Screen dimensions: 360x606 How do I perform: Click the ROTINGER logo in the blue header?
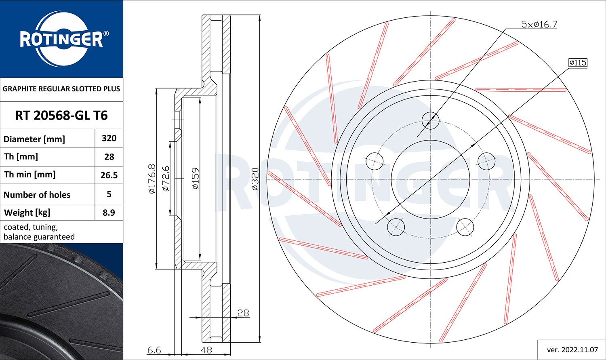(x=61, y=40)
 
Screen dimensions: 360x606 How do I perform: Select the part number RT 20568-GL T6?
(x=61, y=116)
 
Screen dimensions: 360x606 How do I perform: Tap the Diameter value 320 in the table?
(x=109, y=138)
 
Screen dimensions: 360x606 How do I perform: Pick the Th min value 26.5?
(x=109, y=175)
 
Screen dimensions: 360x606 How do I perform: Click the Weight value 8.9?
(x=109, y=213)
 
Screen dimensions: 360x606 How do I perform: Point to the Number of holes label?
(x=37, y=195)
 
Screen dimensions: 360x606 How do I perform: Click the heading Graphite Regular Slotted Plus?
(x=61, y=89)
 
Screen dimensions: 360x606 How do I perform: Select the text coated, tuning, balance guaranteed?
(x=39, y=232)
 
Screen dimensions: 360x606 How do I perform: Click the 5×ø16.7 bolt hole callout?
(x=539, y=25)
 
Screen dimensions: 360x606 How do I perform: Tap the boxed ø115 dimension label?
(x=578, y=63)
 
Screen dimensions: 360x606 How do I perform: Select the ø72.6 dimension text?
(x=165, y=178)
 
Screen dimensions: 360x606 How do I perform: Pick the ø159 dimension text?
(x=196, y=179)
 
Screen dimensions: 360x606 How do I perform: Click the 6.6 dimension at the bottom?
(x=154, y=350)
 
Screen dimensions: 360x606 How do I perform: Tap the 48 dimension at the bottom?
(x=206, y=350)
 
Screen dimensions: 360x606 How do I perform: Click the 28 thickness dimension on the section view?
(x=243, y=313)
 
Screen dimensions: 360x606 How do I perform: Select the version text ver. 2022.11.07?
(x=572, y=349)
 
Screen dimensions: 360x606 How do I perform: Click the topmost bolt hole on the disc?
(x=430, y=120)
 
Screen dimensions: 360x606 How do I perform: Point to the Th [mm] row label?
(x=21, y=156)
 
